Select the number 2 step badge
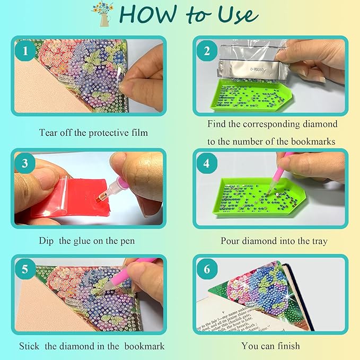coord(207,51)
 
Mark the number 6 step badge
coord(207,269)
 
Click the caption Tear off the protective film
coord(93,132)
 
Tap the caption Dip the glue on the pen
coord(87,241)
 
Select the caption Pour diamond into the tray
coord(274,241)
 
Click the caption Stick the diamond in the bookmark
coord(92,346)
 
